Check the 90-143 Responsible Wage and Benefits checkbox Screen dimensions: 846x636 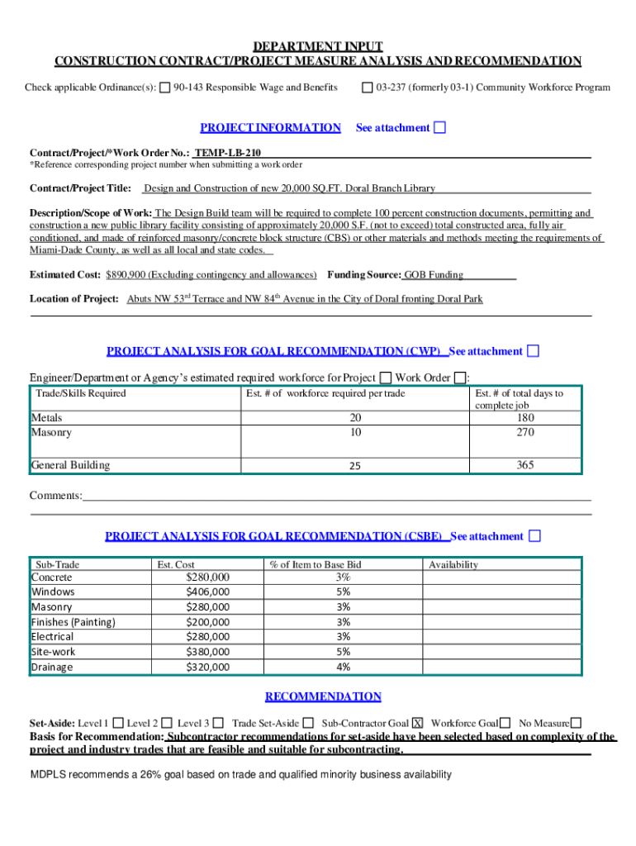pos(165,88)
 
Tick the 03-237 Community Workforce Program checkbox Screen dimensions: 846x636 pos(368,88)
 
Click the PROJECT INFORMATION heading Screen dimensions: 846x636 pos(270,128)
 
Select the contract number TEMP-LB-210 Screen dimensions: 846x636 pos(228,154)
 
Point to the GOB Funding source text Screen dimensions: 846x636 pos(433,275)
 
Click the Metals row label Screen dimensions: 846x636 pos(47,418)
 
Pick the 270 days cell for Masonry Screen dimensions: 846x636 pos(524,432)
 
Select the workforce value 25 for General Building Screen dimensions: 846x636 pos(354,466)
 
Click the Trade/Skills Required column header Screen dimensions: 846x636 pos(80,394)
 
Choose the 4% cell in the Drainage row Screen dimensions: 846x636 pos(344,668)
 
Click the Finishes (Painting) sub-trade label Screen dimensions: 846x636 pos(73,622)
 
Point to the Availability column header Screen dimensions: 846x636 pos(453,565)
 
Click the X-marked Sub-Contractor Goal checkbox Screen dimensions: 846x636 pos(418,723)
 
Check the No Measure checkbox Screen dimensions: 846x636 pos(576,723)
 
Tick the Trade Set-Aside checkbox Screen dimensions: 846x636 pos(307,723)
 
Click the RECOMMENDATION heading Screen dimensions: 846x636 pos(323,696)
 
